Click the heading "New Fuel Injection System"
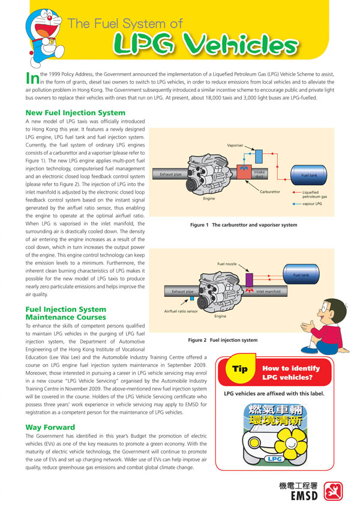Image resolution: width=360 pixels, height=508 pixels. point(75,113)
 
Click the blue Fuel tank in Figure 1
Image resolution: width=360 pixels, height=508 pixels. point(308,176)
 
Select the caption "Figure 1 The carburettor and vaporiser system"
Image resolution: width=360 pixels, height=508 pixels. point(243,225)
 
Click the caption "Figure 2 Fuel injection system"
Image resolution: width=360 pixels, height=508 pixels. point(223,340)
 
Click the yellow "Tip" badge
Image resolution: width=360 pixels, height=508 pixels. point(239,370)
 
